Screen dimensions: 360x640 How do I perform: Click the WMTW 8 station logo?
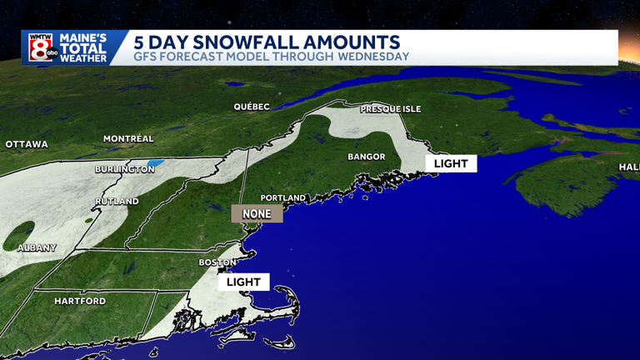pyautogui.click(x=41, y=47)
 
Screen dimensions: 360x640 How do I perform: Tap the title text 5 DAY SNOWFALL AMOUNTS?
pyautogui.click(x=267, y=42)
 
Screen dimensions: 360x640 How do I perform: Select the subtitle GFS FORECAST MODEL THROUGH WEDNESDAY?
pyautogui.click(x=272, y=57)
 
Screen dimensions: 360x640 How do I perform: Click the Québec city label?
pyautogui.click(x=252, y=107)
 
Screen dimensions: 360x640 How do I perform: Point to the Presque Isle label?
pyautogui.click(x=391, y=109)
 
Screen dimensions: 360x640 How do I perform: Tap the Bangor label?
pyautogui.click(x=366, y=157)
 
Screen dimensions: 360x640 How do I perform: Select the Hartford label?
pyautogui.click(x=80, y=300)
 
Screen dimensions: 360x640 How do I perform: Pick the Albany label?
pyautogui.click(x=37, y=247)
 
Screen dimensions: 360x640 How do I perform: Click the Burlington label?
pyautogui.click(x=124, y=169)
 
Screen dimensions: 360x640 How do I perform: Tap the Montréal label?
pyautogui.click(x=128, y=138)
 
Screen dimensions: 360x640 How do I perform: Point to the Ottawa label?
pyautogui.click(x=27, y=144)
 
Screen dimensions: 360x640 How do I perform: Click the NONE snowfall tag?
pyautogui.click(x=257, y=214)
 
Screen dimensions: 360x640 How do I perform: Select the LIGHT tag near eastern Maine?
pyautogui.click(x=451, y=163)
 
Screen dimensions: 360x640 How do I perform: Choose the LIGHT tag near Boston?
pyautogui.click(x=243, y=282)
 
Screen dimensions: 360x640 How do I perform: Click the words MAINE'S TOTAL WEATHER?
pyautogui.click(x=83, y=48)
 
